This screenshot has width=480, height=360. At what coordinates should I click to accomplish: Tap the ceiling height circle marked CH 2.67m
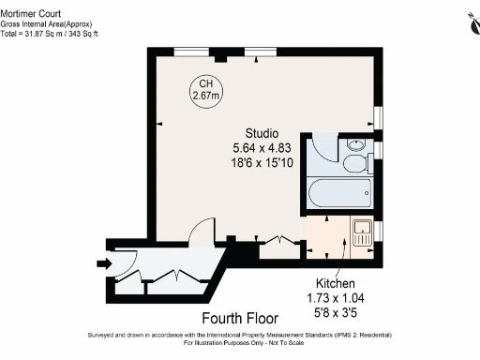click(x=205, y=89)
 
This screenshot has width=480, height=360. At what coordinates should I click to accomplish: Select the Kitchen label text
click(x=335, y=282)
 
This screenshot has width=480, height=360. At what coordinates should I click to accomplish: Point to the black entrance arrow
click(x=101, y=263)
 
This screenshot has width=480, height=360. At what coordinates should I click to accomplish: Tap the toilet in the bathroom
click(x=356, y=164)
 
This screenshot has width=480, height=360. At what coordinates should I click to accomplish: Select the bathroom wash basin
click(x=356, y=145)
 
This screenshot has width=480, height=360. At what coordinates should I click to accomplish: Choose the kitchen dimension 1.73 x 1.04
click(x=335, y=297)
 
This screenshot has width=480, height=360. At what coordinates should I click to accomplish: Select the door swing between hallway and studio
click(x=200, y=233)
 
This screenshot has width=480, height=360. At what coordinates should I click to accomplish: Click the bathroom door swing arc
click(x=321, y=148)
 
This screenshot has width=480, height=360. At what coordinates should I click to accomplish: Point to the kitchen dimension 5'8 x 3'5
click(x=335, y=312)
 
